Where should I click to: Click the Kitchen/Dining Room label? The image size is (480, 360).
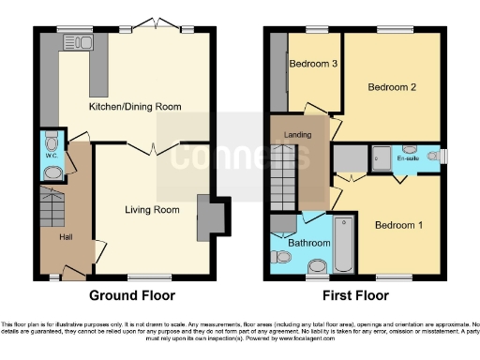[134, 107]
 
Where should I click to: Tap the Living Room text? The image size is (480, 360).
[152, 210]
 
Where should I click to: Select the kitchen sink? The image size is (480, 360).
[71, 41]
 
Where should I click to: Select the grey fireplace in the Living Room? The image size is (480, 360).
[208, 218]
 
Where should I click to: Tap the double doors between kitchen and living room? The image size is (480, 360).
[142, 148]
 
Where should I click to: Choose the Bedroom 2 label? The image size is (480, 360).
[392, 88]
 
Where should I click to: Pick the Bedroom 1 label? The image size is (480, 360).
[399, 225]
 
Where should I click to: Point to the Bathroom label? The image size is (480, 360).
[308, 243]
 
